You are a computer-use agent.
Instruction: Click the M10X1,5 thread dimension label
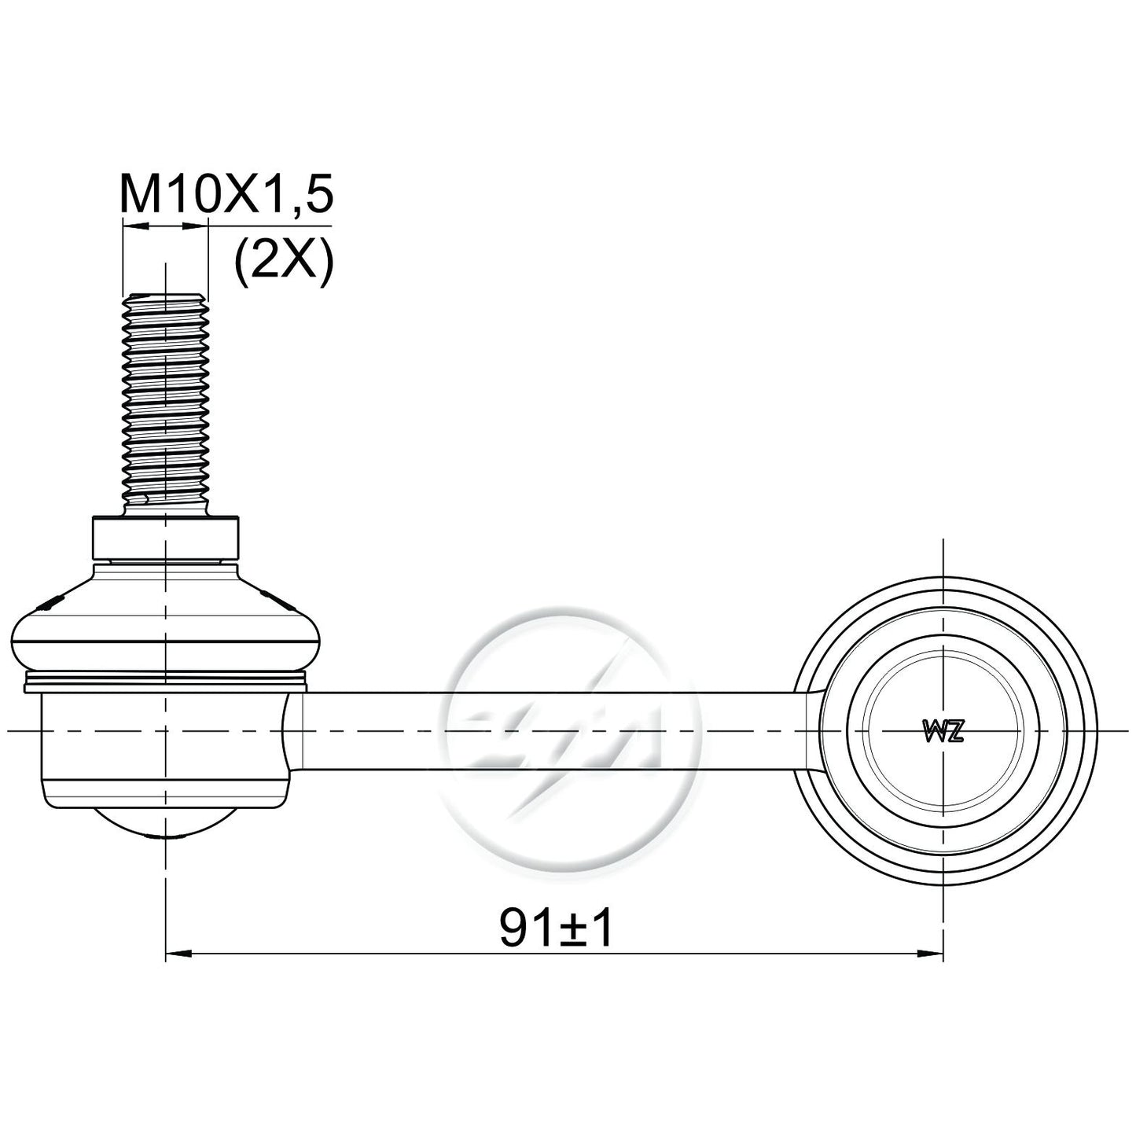(x=227, y=193)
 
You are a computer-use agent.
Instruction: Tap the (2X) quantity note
(x=284, y=263)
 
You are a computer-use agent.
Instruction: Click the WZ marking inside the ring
(x=942, y=732)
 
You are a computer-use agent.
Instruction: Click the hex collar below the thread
(x=166, y=539)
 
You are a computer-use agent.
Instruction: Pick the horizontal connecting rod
(x=548, y=732)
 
